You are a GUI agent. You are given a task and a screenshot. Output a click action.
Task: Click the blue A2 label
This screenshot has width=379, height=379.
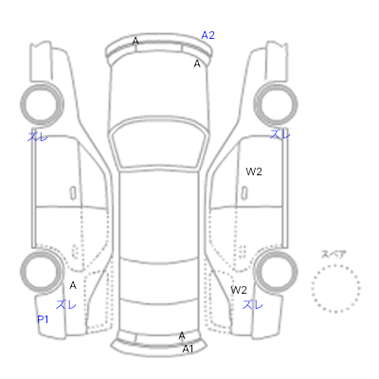208,35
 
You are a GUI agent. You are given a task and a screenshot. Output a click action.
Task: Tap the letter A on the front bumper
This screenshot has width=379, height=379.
135,41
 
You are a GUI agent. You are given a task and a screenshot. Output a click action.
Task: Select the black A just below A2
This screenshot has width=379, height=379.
197,63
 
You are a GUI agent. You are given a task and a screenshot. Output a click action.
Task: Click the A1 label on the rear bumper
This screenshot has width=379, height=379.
188,349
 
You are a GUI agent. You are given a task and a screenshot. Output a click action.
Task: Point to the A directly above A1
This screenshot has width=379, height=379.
182,335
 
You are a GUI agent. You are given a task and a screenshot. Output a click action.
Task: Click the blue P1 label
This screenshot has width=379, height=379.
43,319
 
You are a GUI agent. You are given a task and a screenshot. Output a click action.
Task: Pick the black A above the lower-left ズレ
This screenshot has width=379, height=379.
73,285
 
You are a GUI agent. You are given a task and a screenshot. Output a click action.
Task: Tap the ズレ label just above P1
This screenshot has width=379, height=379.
66,305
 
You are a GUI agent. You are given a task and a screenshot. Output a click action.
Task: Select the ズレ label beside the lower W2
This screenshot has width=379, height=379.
253,305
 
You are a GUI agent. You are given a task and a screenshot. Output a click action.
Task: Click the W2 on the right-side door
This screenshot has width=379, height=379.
254,171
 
